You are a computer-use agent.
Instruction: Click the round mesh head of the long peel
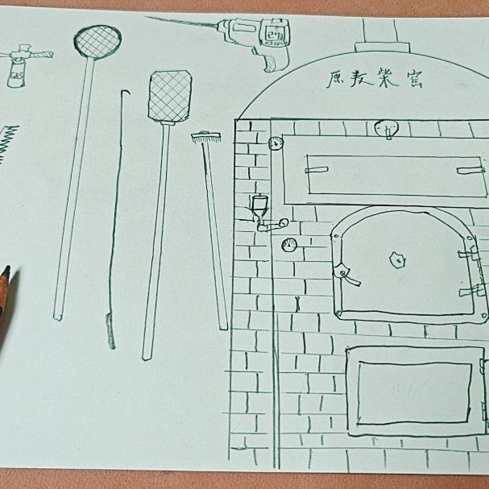coord(97,39)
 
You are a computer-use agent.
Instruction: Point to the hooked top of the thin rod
coord(122,93)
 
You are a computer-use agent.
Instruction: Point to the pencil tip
coord(6,272)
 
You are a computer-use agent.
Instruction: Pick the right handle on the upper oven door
coord(470,169)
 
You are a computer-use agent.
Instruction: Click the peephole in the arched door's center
coord(396,259)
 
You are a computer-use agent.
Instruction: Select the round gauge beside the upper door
coord(276,143)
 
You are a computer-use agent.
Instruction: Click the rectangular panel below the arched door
coord(413,392)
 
